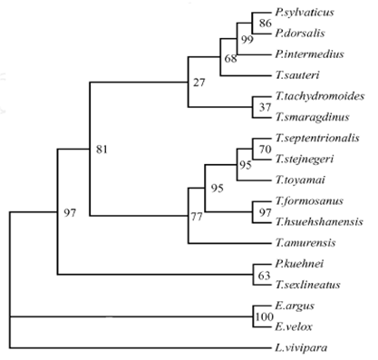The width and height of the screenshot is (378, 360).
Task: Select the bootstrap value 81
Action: [102, 149]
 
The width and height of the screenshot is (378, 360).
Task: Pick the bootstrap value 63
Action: [265, 276]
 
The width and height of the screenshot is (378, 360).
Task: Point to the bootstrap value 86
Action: [265, 22]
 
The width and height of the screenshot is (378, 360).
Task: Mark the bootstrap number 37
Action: [265, 108]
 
